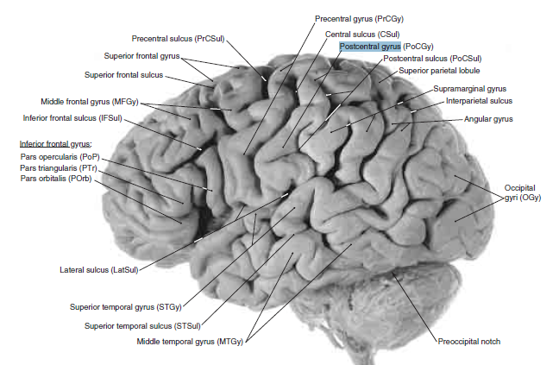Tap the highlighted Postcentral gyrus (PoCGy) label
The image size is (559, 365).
tap(386, 47)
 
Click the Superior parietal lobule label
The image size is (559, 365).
tap(438, 71)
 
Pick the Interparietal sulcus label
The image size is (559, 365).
tap(478, 101)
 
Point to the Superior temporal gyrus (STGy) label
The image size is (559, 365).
tap(130, 306)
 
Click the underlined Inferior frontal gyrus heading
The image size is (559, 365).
tap(56, 143)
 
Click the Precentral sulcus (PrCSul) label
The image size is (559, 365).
tap(179, 39)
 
